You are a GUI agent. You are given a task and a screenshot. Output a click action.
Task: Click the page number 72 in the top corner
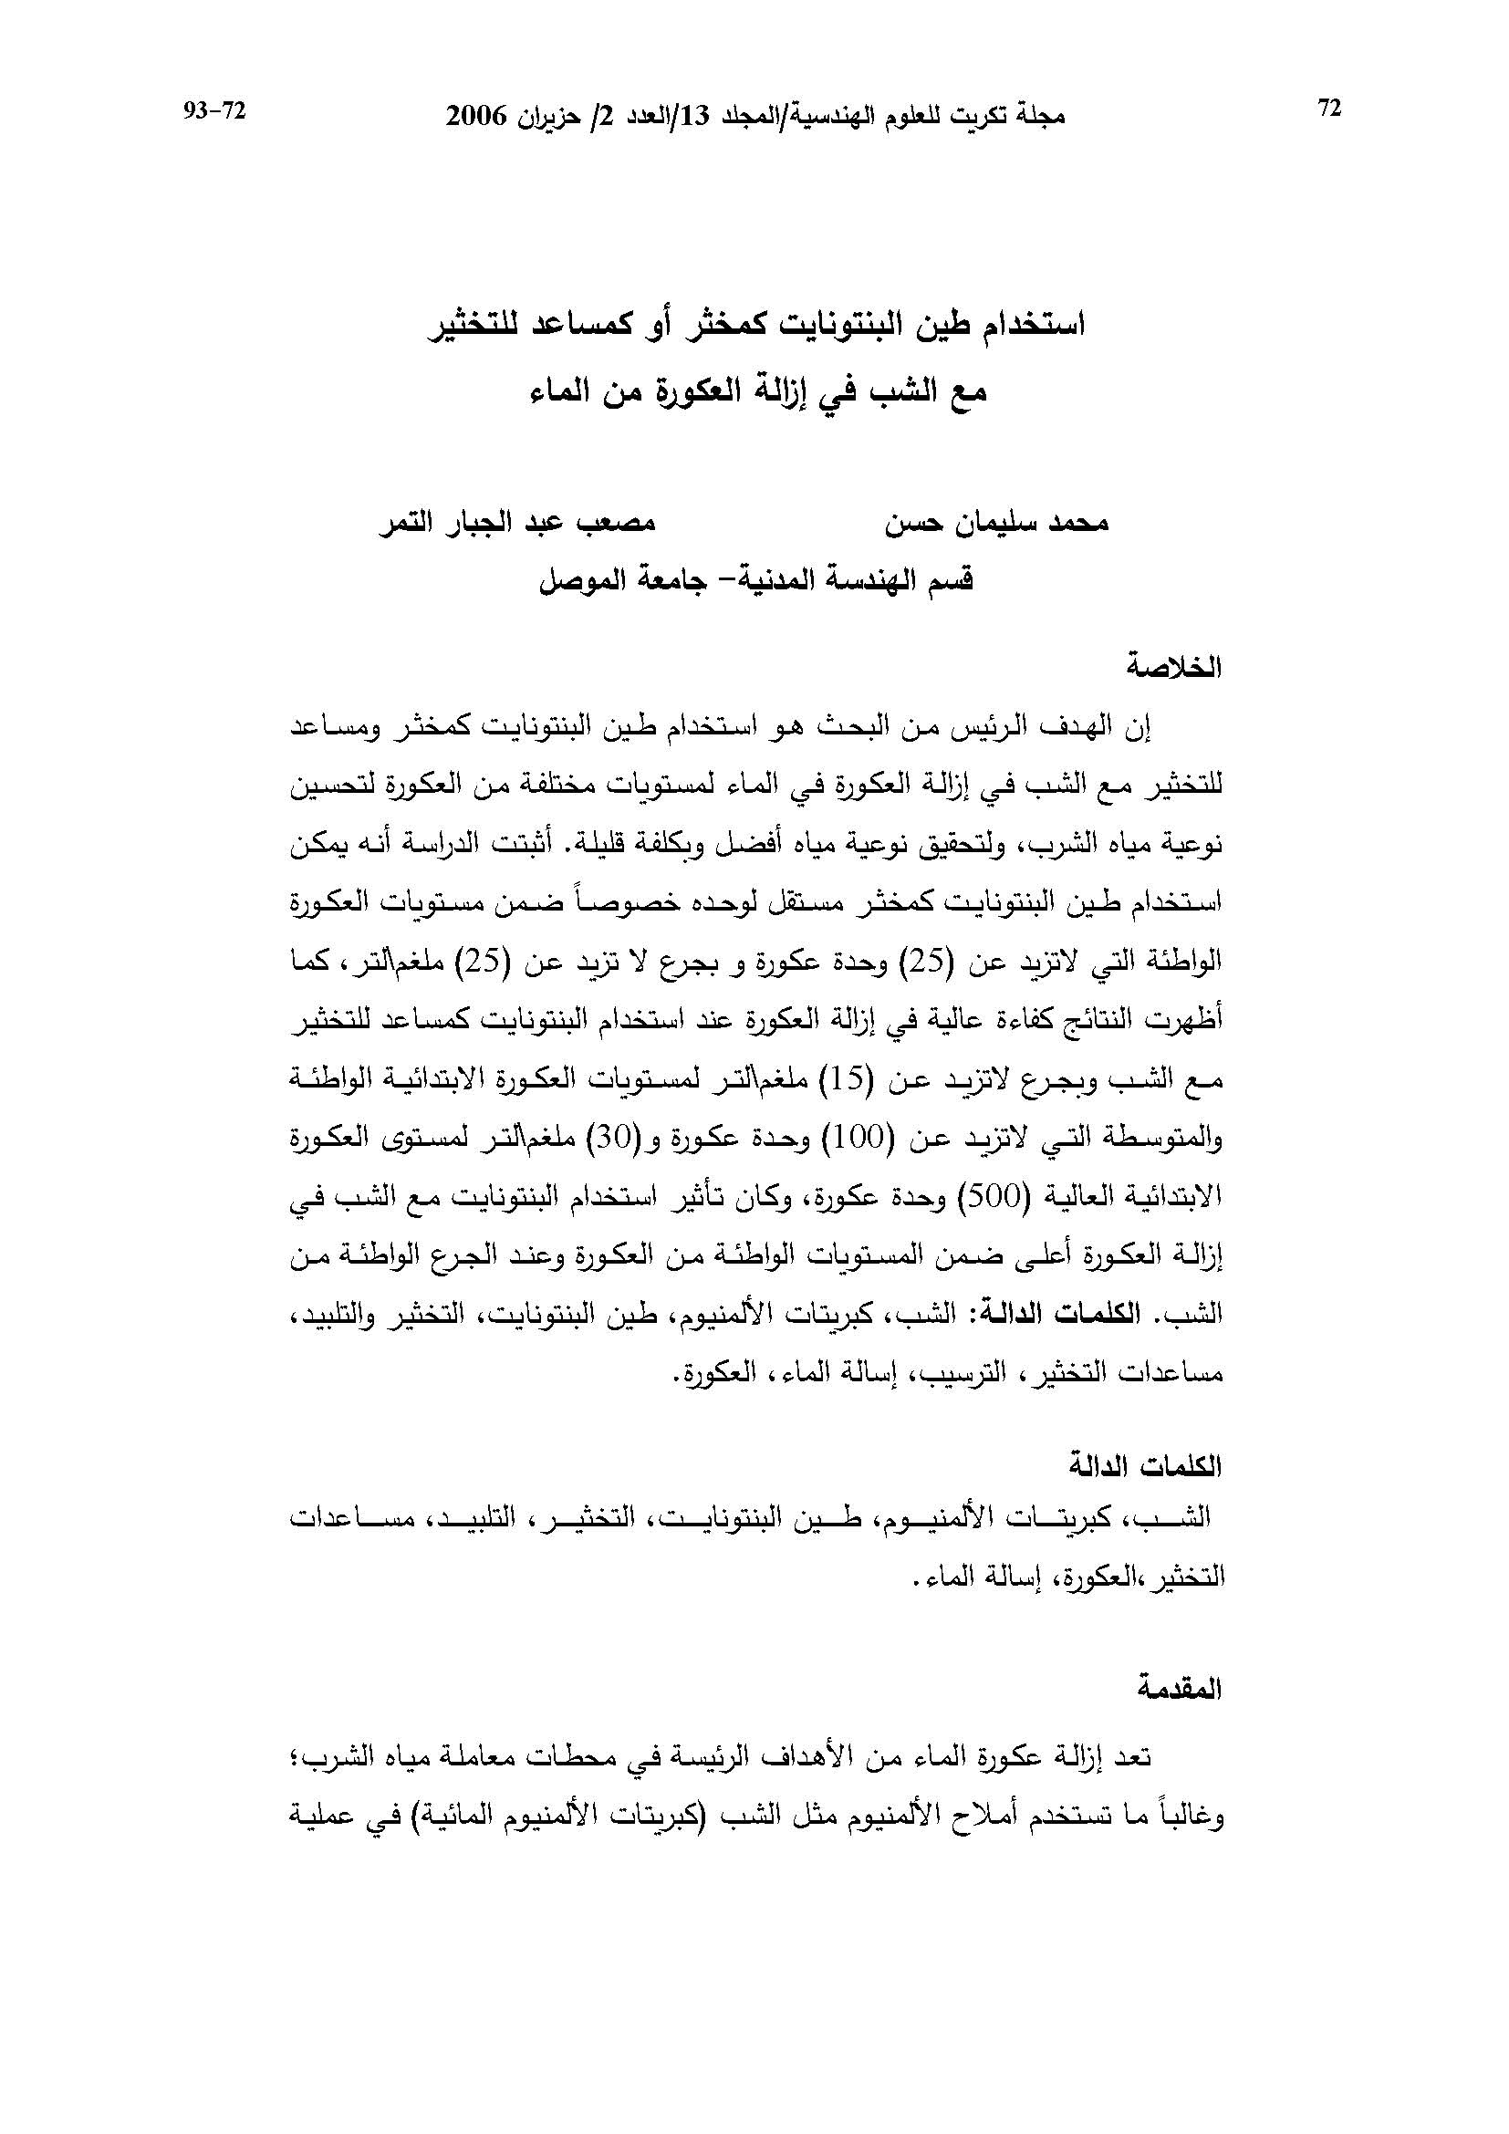(1329, 109)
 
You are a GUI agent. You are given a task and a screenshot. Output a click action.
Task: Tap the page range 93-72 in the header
(214, 110)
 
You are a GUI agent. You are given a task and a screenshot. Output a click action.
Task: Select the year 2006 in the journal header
(475, 116)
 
